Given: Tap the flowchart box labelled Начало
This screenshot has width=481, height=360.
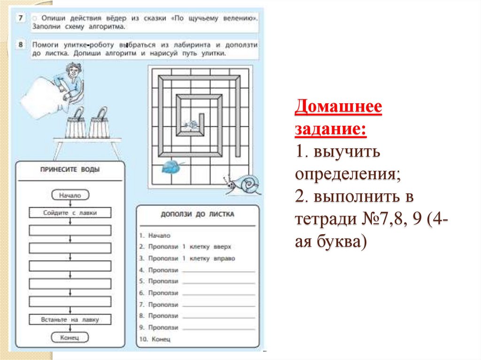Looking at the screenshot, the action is point(70,195).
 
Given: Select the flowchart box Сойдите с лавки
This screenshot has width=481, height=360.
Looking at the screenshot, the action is point(70,213).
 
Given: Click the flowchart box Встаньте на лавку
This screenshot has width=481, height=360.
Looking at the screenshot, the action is point(70,320).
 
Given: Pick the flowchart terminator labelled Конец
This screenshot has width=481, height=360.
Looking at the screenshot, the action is point(70,337).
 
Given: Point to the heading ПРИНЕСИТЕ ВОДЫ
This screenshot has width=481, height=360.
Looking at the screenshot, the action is point(70,169).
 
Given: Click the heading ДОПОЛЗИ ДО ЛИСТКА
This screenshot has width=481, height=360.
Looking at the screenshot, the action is point(197,214).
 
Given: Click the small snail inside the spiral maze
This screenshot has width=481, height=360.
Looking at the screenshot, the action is point(191,124).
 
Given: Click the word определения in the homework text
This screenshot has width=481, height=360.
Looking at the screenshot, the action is point(347,174).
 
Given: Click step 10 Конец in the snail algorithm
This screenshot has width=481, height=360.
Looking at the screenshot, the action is point(158,338).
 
